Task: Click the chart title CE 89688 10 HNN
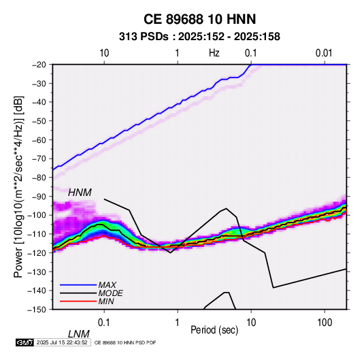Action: pyautogui.click(x=199, y=19)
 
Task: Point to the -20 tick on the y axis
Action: pyautogui.click(x=39, y=65)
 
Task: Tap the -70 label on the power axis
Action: pyautogui.click(x=39, y=159)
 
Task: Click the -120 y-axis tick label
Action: pyautogui.click(x=37, y=252)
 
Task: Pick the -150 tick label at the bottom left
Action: pyautogui.click(x=37, y=310)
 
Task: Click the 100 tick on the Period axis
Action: pyautogui.click(x=325, y=323)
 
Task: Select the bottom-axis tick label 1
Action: pyautogui.click(x=178, y=323)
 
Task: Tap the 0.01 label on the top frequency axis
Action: pyautogui.click(x=324, y=53)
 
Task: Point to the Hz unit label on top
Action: pyautogui.click(x=214, y=53)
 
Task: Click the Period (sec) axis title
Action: pyautogui.click(x=214, y=330)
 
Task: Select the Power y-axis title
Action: pyautogui.click(x=18, y=186)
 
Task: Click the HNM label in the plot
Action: pyautogui.click(x=80, y=193)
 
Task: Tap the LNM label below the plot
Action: pyautogui.click(x=79, y=334)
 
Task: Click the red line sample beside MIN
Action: pyautogui.click(x=78, y=301)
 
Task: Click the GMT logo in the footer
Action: pyautogui.click(x=25, y=342)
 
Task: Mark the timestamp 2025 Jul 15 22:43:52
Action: pyautogui.click(x=62, y=342)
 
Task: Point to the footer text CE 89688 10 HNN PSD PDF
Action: pyautogui.click(x=125, y=342)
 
